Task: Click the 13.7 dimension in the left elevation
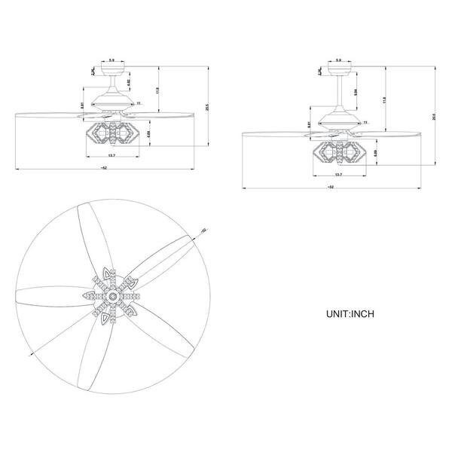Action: pos(111,157)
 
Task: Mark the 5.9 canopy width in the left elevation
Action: pos(112,60)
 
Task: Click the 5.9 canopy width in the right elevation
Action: pos(338,60)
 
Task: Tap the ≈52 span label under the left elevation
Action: pos(102,168)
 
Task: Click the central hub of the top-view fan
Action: pos(112,298)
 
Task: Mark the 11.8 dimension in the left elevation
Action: pos(157,90)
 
